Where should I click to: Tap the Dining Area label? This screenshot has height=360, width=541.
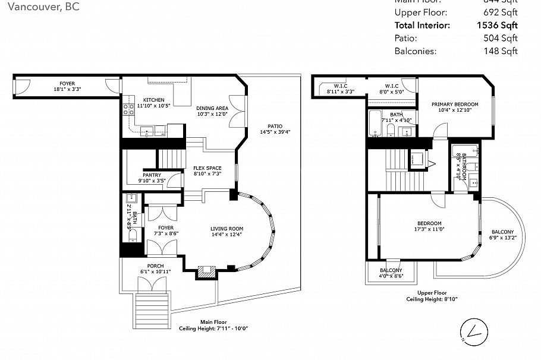212,108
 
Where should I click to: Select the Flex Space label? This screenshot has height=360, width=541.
207,168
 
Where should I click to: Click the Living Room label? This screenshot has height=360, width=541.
227,229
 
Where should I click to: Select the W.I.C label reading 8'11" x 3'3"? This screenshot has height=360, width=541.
340,86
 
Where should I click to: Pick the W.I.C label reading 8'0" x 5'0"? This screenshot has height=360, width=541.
391,86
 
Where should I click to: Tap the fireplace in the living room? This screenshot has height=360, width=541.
206,271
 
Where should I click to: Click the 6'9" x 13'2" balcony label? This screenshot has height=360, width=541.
503,232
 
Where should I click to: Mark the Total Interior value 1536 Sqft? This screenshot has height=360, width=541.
497,25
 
